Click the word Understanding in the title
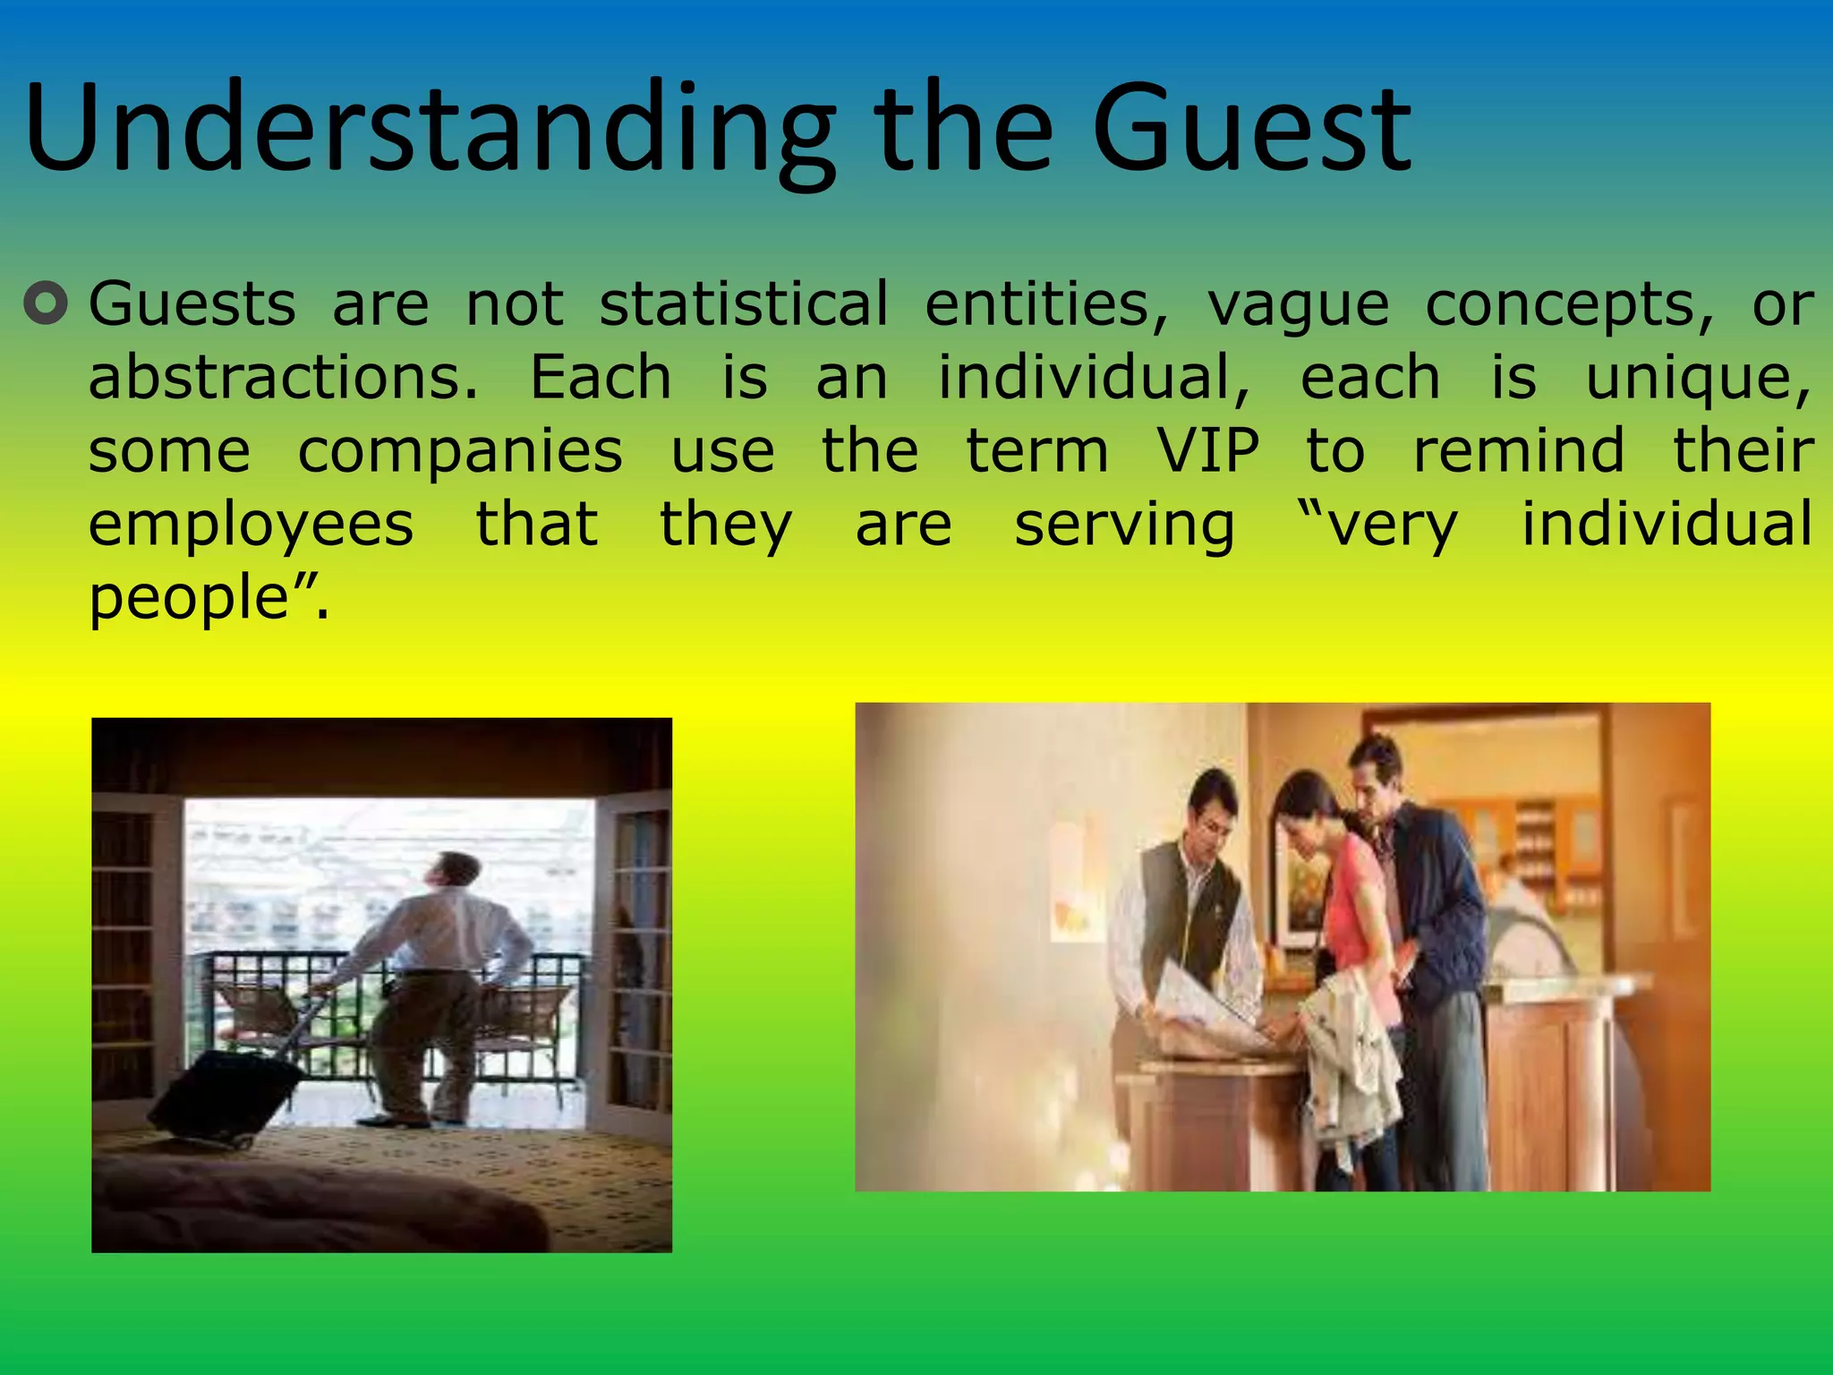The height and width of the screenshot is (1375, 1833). click(430, 130)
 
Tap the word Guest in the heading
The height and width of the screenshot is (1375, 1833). click(1250, 130)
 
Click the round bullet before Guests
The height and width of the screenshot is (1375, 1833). click(46, 303)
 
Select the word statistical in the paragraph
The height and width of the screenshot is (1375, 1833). click(744, 303)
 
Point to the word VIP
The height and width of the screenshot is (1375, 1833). click(1207, 450)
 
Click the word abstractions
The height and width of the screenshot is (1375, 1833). click(283, 377)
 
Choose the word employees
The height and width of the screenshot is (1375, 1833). click(252, 525)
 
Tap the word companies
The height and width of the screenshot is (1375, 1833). click(460, 450)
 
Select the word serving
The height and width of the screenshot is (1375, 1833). click(1124, 525)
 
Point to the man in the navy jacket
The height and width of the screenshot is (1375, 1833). click(1423, 895)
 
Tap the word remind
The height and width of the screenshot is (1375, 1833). click(1518, 450)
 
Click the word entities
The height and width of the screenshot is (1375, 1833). click(1046, 303)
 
